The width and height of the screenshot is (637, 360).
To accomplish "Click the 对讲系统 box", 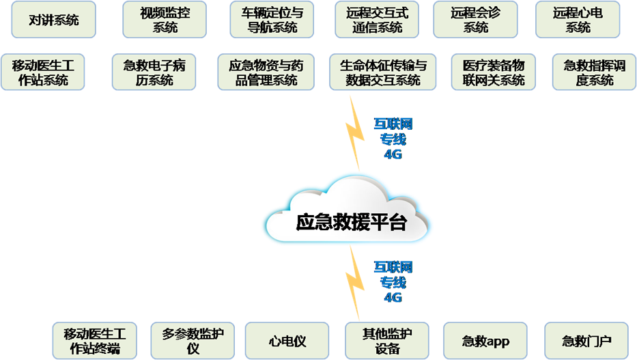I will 54,20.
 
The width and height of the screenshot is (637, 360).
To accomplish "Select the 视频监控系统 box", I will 165,20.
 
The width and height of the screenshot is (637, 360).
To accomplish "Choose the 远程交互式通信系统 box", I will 378,20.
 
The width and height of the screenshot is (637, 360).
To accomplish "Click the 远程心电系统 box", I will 578,20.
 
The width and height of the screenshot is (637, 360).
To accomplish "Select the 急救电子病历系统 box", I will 154,72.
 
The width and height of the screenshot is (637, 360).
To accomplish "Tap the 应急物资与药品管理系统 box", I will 266,72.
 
